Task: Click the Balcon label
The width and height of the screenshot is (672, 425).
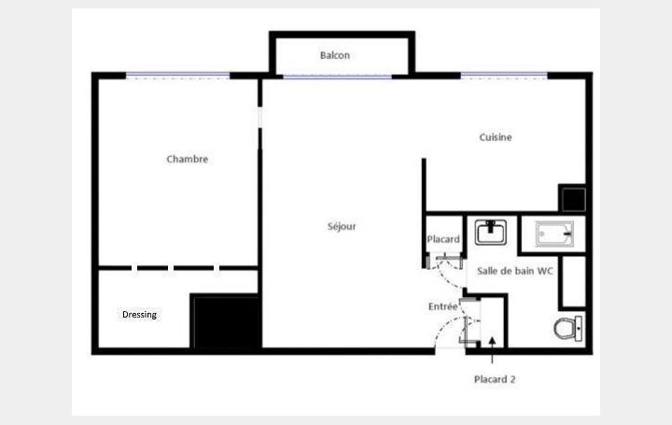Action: pyautogui.click(x=335, y=56)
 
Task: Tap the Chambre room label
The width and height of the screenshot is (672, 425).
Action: pyautogui.click(x=187, y=159)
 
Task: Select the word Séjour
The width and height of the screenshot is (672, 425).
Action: pyautogui.click(x=342, y=226)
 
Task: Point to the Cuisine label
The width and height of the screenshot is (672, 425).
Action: pyautogui.click(x=496, y=137)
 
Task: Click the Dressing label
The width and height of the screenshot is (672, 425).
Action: pyautogui.click(x=139, y=315)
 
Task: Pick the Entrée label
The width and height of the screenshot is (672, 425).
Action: pyautogui.click(x=442, y=306)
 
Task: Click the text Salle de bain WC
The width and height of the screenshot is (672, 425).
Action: pyautogui.click(x=515, y=270)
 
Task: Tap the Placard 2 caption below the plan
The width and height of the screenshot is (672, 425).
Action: pyautogui.click(x=495, y=379)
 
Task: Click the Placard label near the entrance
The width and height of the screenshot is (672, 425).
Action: pyautogui.click(x=443, y=240)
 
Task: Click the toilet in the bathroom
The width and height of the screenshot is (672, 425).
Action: pyautogui.click(x=567, y=328)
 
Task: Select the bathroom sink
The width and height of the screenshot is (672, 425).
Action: pyautogui.click(x=490, y=231)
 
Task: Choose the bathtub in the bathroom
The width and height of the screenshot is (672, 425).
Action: pyautogui.click(x=552, y=233)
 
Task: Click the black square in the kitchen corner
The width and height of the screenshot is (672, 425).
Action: pyautogui.click(x=572, y=199)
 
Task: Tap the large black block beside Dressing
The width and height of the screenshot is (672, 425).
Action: pyautogui.click(x=224, y=321)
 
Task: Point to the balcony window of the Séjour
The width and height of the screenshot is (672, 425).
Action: pyautogui.click(x=337, y=77)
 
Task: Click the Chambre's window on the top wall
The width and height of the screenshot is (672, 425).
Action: pyautogui.click(x=178, y=75)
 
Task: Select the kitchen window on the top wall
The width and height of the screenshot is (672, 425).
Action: pyautogui.click(x=504, y=75)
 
